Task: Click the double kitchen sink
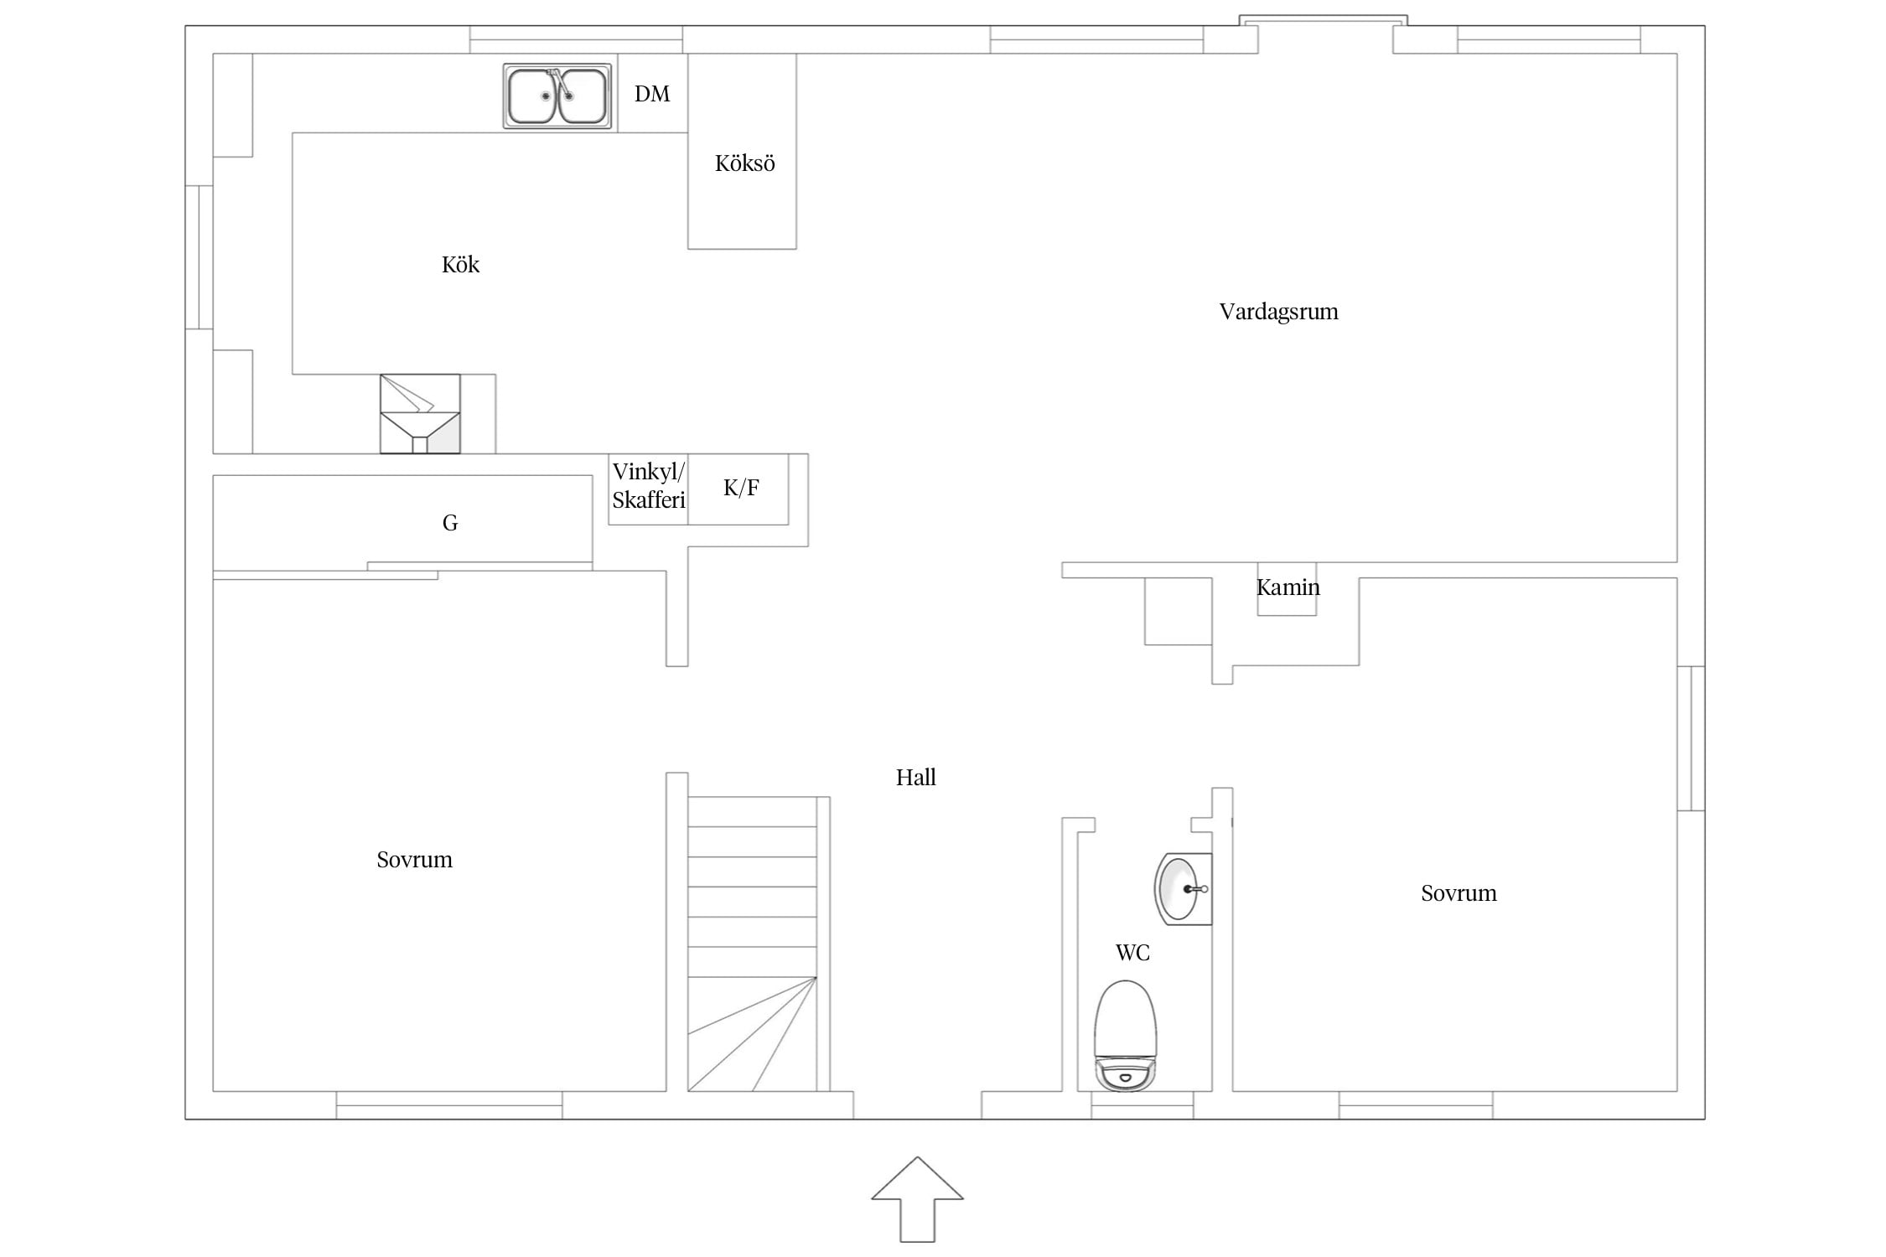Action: point(557,96)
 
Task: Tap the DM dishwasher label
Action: point(652,94)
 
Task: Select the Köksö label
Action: point(744,163)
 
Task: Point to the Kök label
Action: point(460,265)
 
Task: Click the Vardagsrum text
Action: point(1278,313)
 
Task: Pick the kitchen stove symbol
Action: point(420,414)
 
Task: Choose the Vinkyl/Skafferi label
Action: point(649,486)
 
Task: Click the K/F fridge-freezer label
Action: point(741,488)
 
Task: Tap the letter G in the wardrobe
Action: point(450,523)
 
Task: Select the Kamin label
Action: point(1288,587)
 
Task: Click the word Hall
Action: point(915,778)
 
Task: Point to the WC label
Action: point(1132,953)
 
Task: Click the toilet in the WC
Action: point(1125,1036)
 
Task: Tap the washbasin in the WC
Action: point(1184,889)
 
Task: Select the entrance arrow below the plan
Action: point(917,1199)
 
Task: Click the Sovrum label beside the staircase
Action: point(414,860)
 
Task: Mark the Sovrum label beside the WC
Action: point(1459,893)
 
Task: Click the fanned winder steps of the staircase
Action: point(752,1034)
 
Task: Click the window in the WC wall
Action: point(1142,1105)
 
